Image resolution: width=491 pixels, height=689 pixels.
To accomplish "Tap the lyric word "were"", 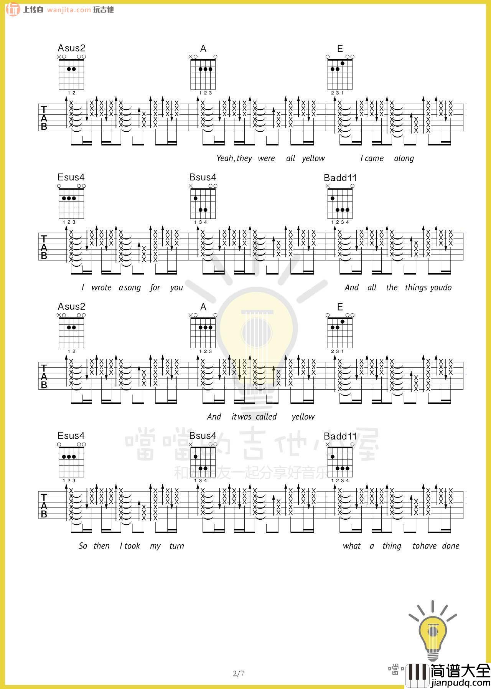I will click(266, 159).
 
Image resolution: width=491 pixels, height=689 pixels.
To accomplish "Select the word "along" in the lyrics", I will click(404, 159).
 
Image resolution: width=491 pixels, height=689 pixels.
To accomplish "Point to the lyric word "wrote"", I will click(101, 288).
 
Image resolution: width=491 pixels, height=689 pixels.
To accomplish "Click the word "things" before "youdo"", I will click(416, 288).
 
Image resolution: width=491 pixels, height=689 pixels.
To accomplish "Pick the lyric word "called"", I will click(266, 417).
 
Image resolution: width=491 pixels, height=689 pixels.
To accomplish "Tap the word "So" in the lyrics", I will click(83, 546).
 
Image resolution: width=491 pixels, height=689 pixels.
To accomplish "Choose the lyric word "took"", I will click(132, 546).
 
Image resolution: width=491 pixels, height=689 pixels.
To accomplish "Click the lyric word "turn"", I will click(177, 546).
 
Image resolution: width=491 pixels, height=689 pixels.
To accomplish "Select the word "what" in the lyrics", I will click(352, 546).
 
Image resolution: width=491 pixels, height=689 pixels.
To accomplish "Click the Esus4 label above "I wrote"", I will click(71, 177).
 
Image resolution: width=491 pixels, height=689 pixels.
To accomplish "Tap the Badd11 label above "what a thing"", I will click(340, 436).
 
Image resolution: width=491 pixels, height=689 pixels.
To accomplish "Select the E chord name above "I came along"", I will click(340, 49).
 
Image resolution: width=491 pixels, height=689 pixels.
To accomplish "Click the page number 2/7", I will click(239, 674).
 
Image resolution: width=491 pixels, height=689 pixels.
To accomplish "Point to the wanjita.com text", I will click(69, 10).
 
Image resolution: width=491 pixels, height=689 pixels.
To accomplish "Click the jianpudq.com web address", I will click(460, 683).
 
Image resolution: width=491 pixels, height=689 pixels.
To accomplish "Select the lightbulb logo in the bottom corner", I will click(432, 630).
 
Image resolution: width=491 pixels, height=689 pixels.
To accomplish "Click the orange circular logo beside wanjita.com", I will click(13, 10).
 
